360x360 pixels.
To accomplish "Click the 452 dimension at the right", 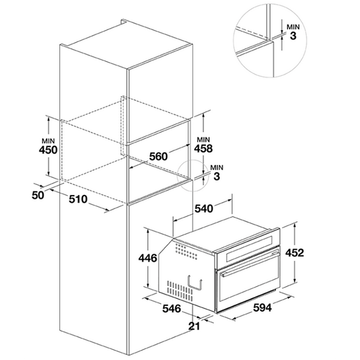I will coord(294,252).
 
